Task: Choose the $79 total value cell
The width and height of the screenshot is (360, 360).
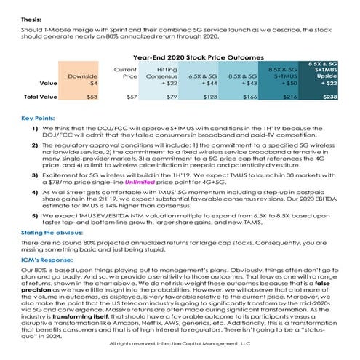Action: click(172, 96)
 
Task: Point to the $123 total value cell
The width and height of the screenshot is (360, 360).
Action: click(210, 96)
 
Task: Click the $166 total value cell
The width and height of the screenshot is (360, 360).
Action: click(249, 96)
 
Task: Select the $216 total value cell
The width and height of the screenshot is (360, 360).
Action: click(289, 96)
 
